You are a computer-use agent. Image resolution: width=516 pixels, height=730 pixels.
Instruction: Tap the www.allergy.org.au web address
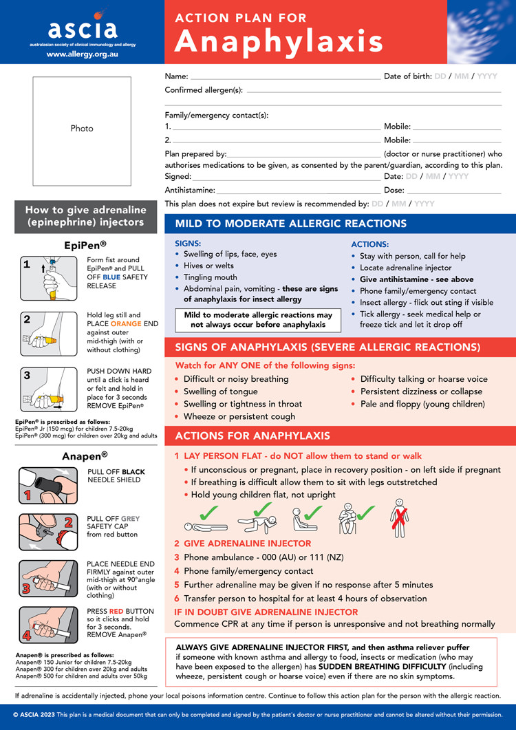tap(82, 53)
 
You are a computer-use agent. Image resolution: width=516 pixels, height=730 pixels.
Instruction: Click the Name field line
tap(285, 77)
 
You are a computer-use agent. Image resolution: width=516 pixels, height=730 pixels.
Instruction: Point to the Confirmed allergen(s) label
tap(204, 90)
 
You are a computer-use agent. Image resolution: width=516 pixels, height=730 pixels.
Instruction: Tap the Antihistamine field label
tap(190, 190)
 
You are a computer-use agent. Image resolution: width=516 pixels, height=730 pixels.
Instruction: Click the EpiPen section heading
tap(82, 244)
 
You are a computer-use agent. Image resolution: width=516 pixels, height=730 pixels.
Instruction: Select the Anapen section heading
tap(82, 455)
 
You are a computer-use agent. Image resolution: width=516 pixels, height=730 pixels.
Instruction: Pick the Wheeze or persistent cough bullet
tap(239, 416)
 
